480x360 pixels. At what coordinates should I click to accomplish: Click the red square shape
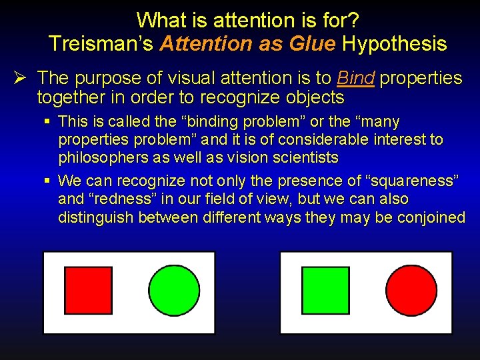click(88, 290)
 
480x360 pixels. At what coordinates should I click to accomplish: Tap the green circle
click(174, 290)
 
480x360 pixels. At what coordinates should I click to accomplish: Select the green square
click(325, 290)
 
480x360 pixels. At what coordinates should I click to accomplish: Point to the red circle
click(411, 290)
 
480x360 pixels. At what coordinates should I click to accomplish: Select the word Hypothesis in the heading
click(393, 44)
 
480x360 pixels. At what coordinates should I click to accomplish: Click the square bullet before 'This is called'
click(47, 122)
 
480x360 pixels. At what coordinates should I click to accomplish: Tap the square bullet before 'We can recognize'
click(47, 181)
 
